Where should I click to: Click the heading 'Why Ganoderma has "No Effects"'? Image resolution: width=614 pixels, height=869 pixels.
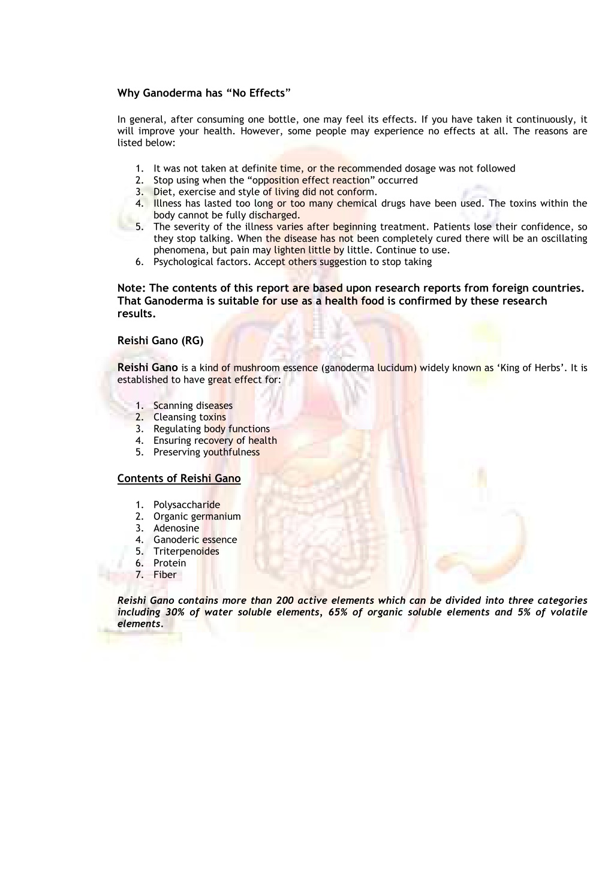pos(204,93)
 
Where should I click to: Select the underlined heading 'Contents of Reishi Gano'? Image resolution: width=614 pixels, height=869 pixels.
pos(179,479)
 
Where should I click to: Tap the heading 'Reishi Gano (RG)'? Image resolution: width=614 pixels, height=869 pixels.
pos(160,341)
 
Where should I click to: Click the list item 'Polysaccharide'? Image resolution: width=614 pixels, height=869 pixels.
pos(186,505)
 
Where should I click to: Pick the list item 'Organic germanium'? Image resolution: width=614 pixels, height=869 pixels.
pos(197,516)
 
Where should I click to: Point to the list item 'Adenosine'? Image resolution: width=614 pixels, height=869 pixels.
pos(176,528)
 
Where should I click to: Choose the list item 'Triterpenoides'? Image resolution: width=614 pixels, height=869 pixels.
pos(186,551)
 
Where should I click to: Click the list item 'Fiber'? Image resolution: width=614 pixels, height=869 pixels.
pos(165,575)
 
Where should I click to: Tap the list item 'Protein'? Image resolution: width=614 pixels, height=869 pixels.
pos(170,563)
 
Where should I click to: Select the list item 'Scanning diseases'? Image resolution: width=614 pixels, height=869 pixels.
pos(192,405)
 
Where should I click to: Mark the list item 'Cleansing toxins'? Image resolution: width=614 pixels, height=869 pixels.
pos(189,417)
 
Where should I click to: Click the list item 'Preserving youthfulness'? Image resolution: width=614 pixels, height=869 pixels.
pos(206,452)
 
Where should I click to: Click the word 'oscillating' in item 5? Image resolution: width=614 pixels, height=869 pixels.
pos(563,238)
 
